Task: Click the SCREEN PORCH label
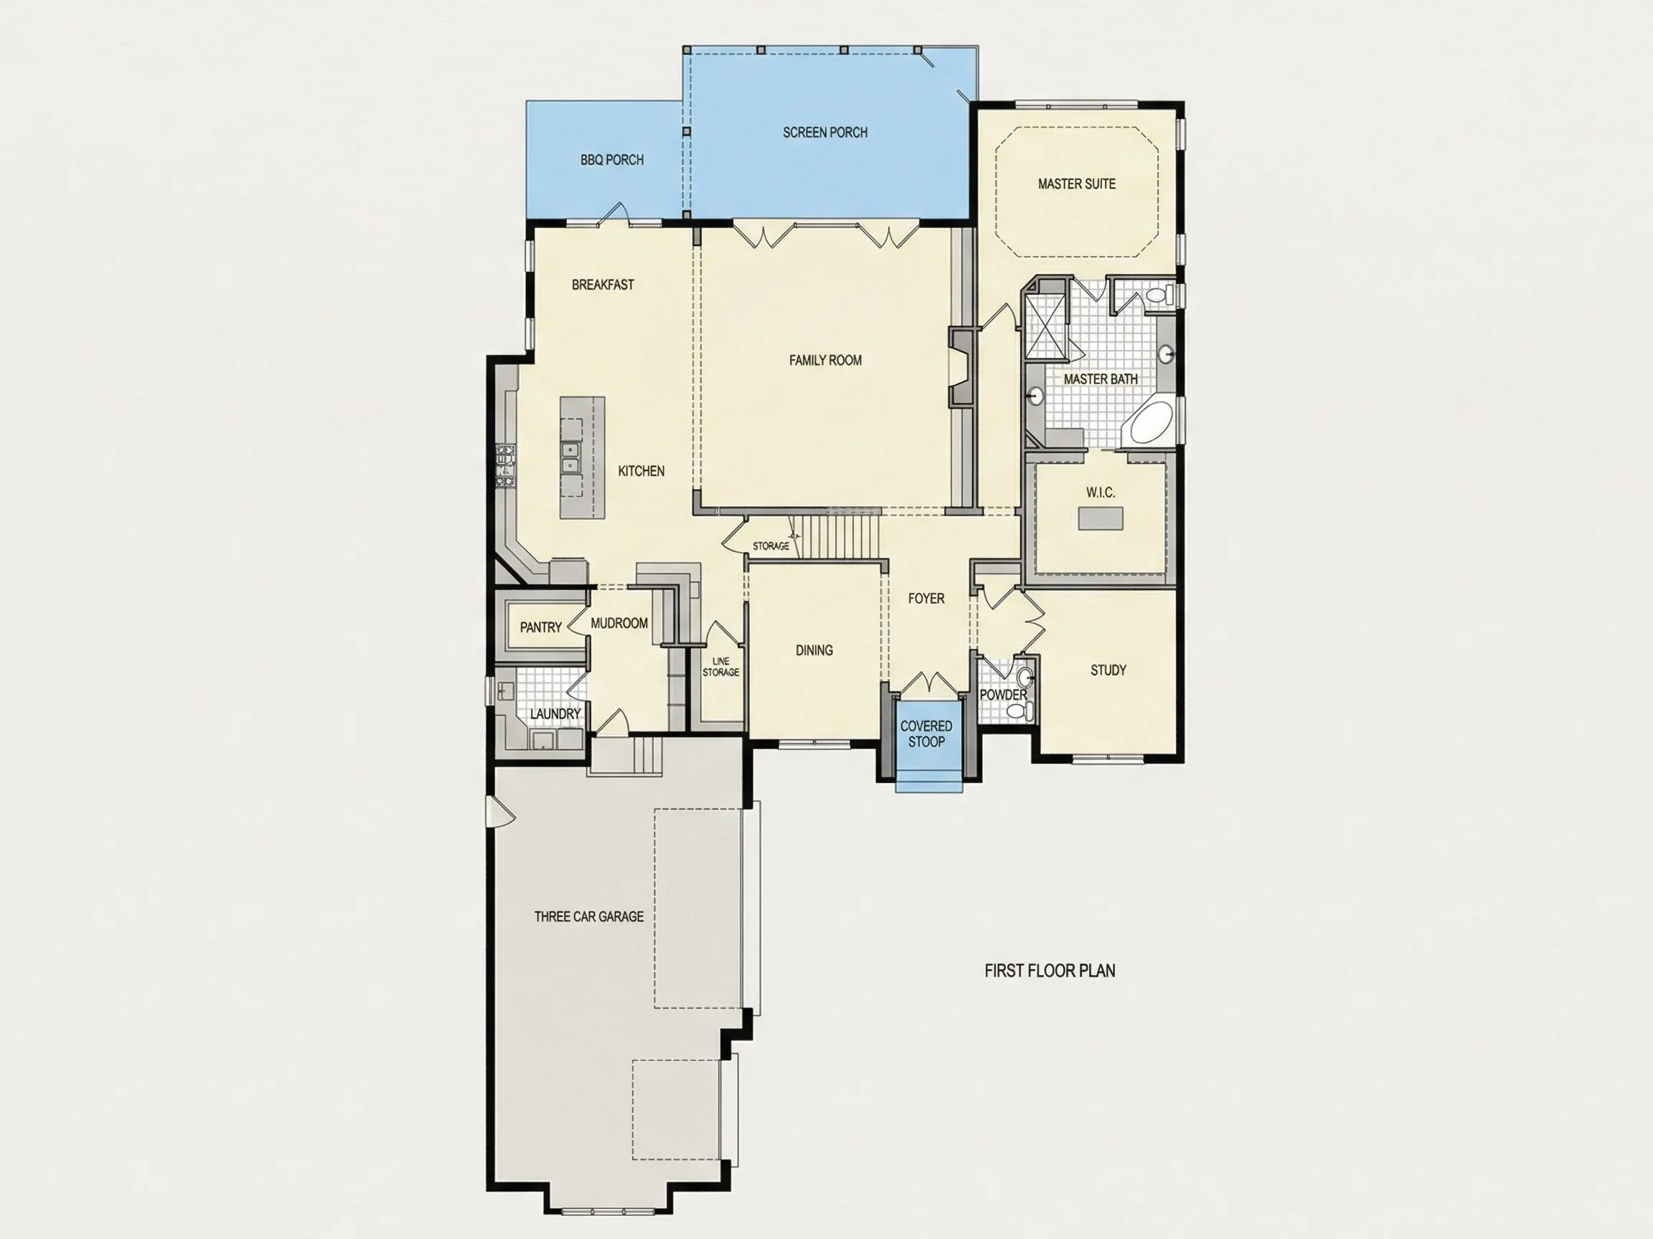[x=825, y=132]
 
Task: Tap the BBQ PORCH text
[x=612, y=160]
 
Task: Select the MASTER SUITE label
[x=1076, y=184]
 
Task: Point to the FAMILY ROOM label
[x=825, y=360]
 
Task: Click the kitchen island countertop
[x=582, y=457]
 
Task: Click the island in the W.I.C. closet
[x=1100, y=518]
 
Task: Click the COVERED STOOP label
[x=926, y=734]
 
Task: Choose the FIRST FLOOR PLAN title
[x=1049, y=970]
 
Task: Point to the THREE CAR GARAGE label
[x=589, y=916]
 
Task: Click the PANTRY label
[x=540, y=627]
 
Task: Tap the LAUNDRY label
[x=555, y=714]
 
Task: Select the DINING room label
[x=814, y=650]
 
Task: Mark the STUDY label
[x=1108, y=670]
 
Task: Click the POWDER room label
[x=1003, y=695]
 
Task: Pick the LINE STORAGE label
[x=720, y=666]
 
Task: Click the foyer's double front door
[x=927, y=683]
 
